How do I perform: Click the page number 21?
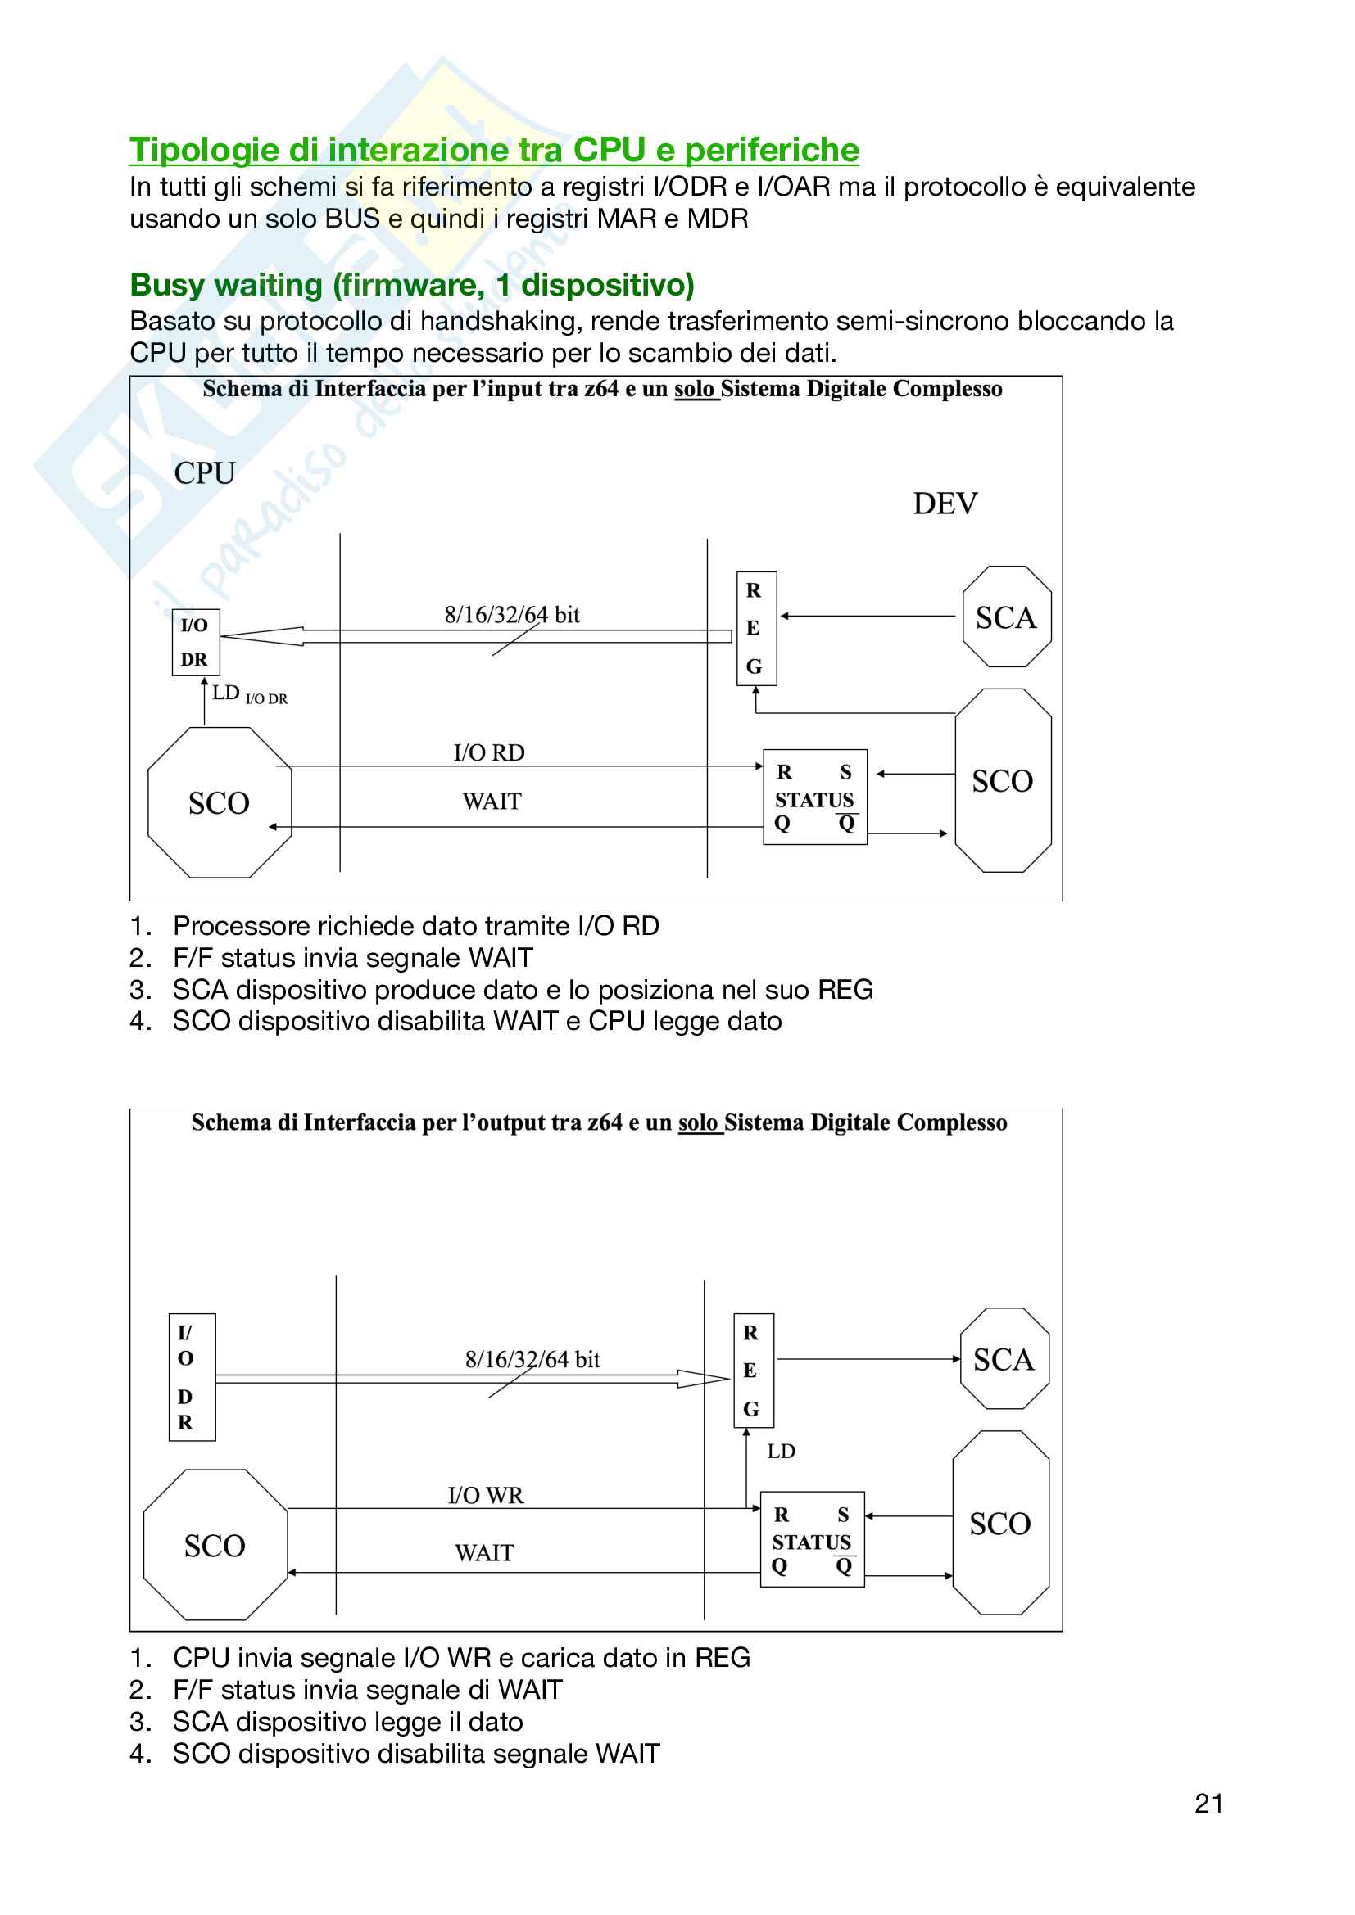[1208, 1803]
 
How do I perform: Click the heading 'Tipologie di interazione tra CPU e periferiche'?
[494, 150]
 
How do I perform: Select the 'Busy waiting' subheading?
[412, 285]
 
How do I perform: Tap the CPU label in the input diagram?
[205, 473]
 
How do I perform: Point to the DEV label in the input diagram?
[945, 504]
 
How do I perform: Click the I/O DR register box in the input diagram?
[195, 641]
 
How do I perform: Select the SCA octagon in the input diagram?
[1006, 617]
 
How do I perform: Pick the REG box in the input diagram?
[756, 628]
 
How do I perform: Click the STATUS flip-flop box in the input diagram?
[814, 797]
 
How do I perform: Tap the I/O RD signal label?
[489, 752]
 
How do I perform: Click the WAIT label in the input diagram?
[492, 802]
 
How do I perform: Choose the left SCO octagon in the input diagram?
[220, 802]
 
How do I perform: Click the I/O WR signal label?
[486, 1496]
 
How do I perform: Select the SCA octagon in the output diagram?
[1004, 1360]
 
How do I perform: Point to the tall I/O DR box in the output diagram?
[192, 1377]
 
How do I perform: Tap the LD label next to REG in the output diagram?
[781, 1452]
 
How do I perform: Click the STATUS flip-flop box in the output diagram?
[812, 1540]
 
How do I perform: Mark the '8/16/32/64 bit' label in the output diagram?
[532, 1360]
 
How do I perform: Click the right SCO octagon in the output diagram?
[1000, 1523]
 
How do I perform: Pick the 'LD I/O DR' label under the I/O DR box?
[250, 695]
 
